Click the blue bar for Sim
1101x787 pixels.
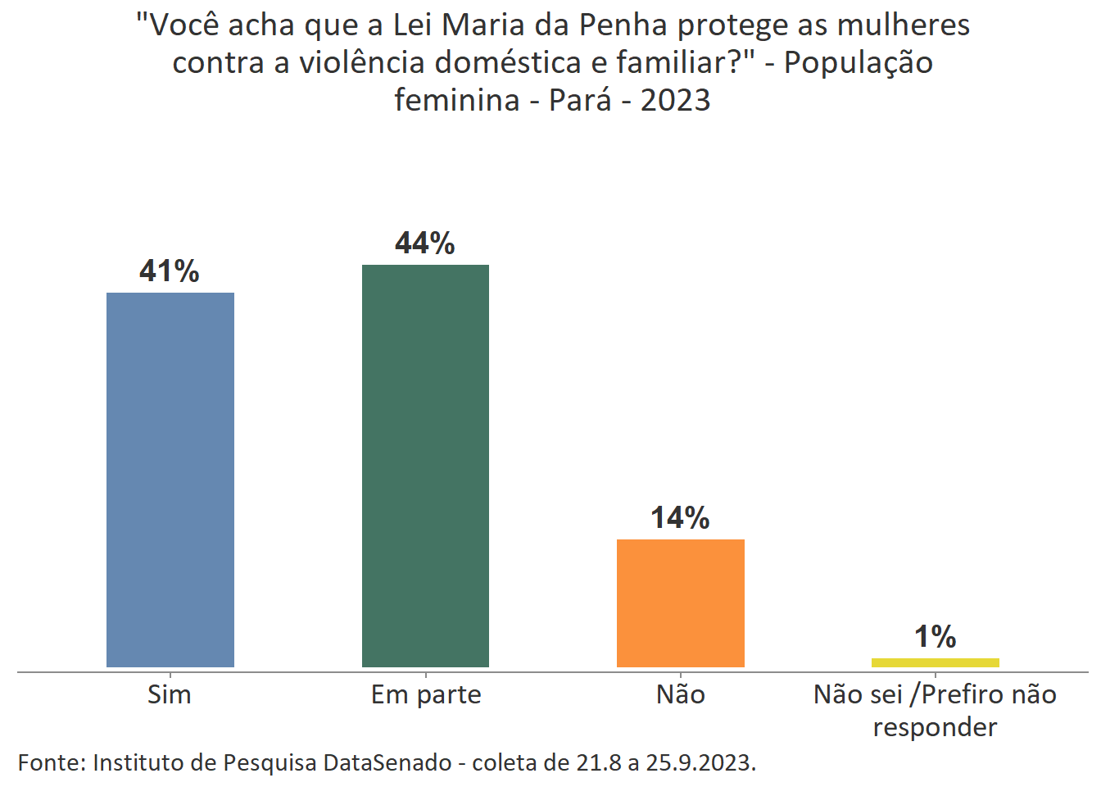point(170,480)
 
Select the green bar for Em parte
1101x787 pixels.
point(425,466)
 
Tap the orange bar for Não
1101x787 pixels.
point(680,603)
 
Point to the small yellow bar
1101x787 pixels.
point(935,662)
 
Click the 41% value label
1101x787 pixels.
point(170,271)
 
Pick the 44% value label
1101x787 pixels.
point(425,243)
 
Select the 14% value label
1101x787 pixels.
point(680,518)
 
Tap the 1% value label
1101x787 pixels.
point(935,637)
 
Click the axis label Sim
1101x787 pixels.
point(170,695)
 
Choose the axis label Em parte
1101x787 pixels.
point(426,695)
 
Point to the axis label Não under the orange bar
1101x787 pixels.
point(681,695)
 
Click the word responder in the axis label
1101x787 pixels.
point(935,728)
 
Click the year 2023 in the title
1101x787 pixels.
point(675,101)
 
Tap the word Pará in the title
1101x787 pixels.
point(580,101)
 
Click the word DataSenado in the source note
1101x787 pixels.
point(387,763)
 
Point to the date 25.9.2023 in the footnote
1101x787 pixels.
point(700,763)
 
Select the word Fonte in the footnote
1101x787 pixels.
point(51,763)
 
